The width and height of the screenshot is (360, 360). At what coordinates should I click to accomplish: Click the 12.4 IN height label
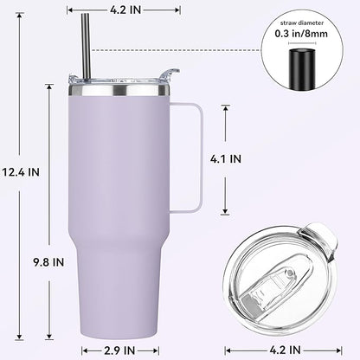point(22,171)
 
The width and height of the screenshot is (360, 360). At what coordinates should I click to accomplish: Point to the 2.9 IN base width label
point(119,350)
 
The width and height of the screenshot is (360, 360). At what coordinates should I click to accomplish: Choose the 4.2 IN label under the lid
point(284,350)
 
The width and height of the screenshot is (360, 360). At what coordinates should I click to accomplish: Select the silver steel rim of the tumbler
point(124,87)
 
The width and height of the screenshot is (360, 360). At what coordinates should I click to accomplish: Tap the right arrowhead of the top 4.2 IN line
point(177,10)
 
